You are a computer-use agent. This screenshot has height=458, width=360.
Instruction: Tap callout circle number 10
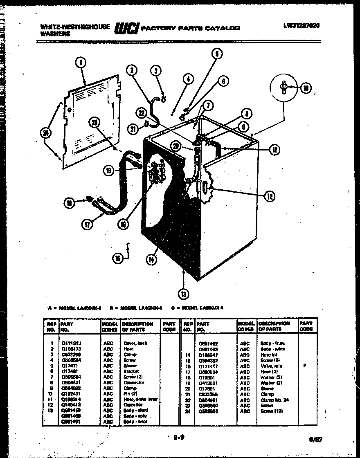(306, 87)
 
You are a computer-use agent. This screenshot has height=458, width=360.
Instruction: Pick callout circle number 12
(269, 197)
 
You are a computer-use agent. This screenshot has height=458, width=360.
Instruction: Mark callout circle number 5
(217, 53)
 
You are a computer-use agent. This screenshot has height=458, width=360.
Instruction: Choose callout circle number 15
(117, 258)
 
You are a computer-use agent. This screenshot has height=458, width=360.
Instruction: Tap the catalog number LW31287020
(301, 25)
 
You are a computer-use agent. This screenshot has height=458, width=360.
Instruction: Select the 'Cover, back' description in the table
(135, 343)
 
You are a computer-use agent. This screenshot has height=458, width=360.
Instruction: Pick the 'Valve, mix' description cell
(271, 366)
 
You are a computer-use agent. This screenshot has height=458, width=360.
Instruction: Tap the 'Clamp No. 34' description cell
(274, 400)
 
